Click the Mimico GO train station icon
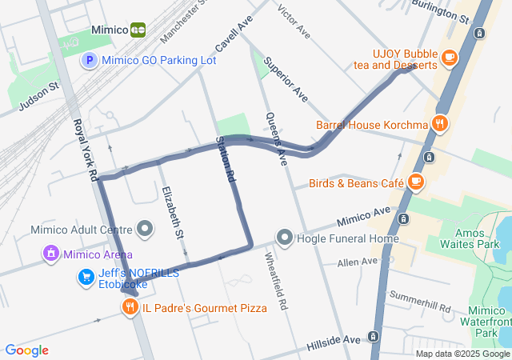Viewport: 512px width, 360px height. (138, 30)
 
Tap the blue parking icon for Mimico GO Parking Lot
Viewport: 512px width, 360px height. (90, 60)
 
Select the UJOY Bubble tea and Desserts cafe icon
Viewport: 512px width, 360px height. (450, 58)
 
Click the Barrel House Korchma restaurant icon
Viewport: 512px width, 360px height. (439, 124)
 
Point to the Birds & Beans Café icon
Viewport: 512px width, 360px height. (415, 182)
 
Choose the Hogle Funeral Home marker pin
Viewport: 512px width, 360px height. (285, 238)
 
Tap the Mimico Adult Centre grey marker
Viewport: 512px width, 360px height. (145, 230)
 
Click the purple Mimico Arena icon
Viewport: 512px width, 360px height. (51, 254)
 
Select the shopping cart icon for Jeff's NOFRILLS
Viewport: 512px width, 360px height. (86, 278)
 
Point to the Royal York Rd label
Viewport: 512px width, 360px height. (85, 149)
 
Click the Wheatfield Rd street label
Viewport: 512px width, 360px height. (274, 281)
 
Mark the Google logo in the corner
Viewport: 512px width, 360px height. (27, 350)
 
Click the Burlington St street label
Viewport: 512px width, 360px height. (440, 10)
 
